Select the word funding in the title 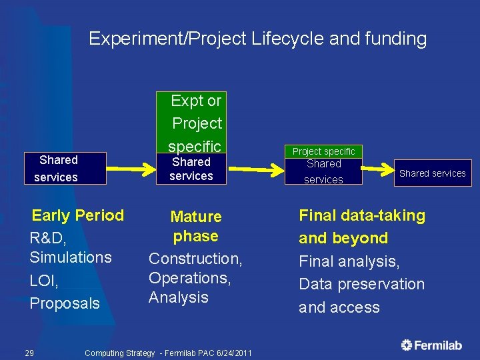[395, 39]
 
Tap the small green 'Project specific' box [324, 151]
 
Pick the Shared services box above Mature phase [191, 169]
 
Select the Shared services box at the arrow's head [432, 173]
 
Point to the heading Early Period [78, 215]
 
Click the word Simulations [71, 257]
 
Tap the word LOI [44, 281]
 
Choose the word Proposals [65, 303]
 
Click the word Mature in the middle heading [196, 217]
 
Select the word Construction [195, 259]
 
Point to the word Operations [189, 278]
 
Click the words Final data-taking [362, 215]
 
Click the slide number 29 [30, 353]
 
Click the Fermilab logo [431, 345]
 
